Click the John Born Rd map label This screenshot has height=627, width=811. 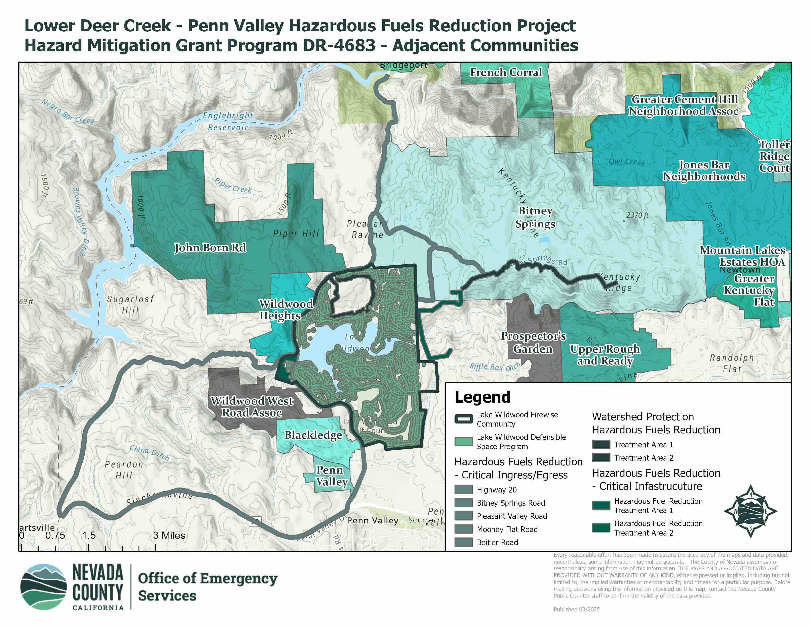[210, 248]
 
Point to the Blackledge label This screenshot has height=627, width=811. [313, 435]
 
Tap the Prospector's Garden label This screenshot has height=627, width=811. [533, 343]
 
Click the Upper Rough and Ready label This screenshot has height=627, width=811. [605, 355]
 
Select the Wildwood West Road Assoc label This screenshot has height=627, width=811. [252, 407]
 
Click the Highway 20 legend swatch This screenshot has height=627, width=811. [463, 490]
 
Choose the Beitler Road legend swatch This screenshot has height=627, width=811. [463, 542]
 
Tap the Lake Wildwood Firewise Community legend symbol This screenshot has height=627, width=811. [463, 419]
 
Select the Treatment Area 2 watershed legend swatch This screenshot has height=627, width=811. [601, 458]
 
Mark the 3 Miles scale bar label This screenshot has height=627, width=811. [169, 535]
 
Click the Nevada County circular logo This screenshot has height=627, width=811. [43, 587]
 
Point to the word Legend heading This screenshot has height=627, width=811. [482, 397]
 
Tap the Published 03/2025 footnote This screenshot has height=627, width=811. [576, 609]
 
